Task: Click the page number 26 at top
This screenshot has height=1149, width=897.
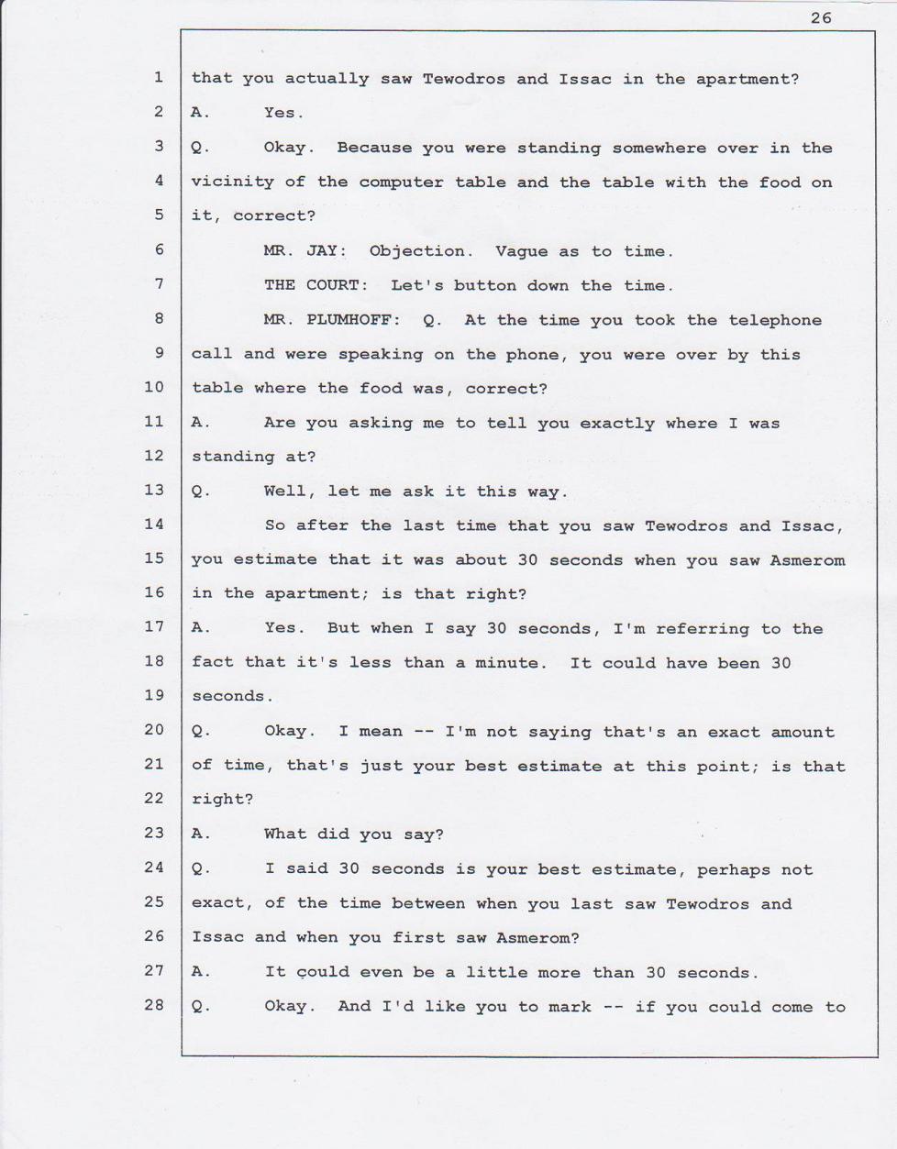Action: coord(821,17)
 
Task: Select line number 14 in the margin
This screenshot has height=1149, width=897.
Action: coord(153,524)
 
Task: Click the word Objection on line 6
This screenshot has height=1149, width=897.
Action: coord(421,250)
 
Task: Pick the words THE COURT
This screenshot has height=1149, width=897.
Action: coord(316,285)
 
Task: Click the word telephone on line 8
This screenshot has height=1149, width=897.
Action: coord(775,320)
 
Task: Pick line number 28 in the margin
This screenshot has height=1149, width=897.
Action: coord(153,1004)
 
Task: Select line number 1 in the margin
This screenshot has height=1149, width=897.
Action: coord(158,78)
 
